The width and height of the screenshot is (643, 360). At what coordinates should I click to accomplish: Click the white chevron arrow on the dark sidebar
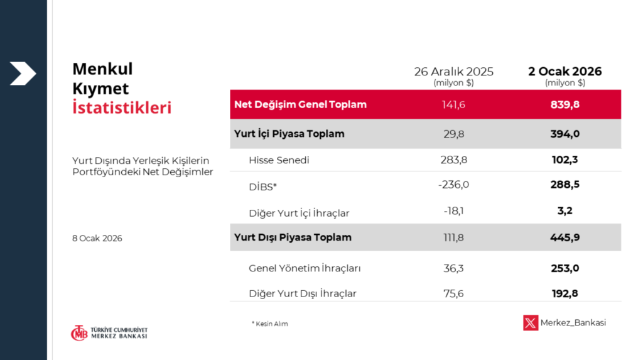(x=23, y=74)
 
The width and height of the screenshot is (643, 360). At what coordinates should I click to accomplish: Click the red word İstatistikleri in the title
(x=122, y=107)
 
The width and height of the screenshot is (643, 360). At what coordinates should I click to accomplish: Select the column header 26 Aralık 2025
(x=453, y=72)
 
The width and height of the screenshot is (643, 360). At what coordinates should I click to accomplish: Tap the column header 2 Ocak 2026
(x=565, y=72)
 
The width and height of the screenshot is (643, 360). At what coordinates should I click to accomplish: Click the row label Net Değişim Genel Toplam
(x=300, y=105)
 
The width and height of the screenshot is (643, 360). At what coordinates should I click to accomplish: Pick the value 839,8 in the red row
(x=565, y=105)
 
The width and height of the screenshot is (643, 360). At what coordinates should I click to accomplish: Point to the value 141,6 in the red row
(x=453, y=105)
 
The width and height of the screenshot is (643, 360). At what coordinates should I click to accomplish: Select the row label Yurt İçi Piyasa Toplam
(x=289, y=133)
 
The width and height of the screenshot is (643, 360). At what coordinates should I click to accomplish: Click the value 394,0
(x=565, y=134)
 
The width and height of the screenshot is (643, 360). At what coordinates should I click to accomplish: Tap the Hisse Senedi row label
(x=279, y=160)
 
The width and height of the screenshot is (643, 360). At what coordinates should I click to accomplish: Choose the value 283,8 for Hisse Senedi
(x=453, y=160)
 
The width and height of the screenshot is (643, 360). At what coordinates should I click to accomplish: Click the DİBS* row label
(x=263, y=187)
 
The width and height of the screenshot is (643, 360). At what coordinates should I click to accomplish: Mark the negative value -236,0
(x=453, y=185)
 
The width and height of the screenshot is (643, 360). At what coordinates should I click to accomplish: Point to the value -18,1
(x=453, y=211)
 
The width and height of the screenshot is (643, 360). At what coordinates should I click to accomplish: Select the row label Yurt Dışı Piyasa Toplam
(x=293, y=237)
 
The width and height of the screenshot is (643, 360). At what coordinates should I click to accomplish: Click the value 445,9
(x=565, y=237)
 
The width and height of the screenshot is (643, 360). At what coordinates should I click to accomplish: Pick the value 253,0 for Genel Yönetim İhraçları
(x=565, y=268)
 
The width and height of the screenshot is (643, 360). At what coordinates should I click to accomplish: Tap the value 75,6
(x=453, y=293)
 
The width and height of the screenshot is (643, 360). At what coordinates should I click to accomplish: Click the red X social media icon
(x=531, y=323)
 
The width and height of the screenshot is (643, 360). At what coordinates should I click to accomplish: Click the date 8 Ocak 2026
(x=97, y=239)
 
